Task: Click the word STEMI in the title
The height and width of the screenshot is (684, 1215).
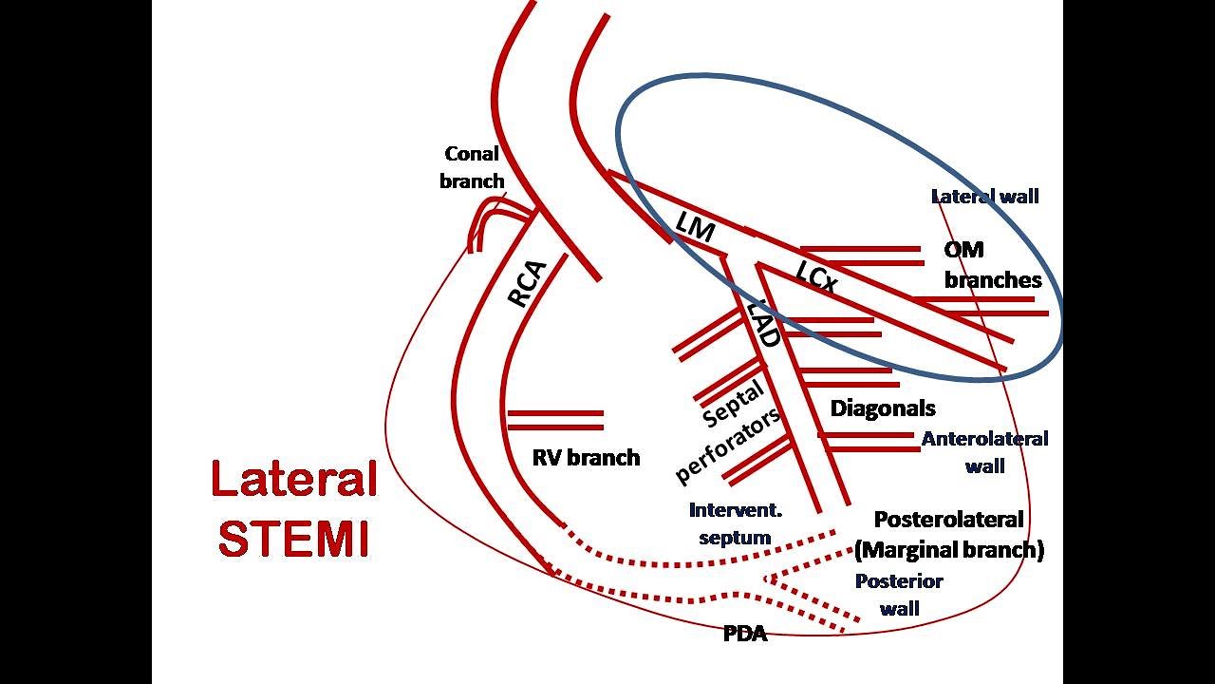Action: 293,538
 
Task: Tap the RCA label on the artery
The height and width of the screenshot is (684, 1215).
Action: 527,283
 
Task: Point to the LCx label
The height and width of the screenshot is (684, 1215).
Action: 816,276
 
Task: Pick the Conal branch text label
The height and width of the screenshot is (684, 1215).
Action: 472,166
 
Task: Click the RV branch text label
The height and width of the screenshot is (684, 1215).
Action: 586,458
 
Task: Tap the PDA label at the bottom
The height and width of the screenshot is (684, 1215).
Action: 745,634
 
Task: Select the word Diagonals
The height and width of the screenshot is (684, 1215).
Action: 883,408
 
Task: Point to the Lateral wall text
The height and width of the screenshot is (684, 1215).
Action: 984,197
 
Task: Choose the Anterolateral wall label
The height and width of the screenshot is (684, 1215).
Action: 984,451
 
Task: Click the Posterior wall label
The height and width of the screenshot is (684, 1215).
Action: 899,595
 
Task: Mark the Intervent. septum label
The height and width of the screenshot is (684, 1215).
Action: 736,523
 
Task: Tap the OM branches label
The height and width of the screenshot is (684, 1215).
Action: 992,265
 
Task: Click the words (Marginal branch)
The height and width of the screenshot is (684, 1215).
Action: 949,550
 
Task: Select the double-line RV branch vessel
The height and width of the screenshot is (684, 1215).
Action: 555,420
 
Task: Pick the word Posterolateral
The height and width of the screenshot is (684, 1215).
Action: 948,520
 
